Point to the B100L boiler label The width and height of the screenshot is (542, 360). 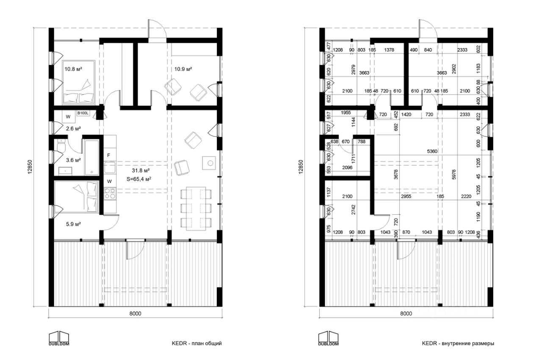click(83, 113)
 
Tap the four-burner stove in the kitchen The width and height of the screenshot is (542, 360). click(110, 194)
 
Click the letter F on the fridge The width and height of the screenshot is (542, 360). click(109, 156)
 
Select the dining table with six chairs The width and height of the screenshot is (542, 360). click(195, 208)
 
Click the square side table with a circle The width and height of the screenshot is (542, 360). click(209, 163)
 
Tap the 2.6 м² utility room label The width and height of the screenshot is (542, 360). click(73, 128)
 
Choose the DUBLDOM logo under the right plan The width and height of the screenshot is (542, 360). click(329, 338)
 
